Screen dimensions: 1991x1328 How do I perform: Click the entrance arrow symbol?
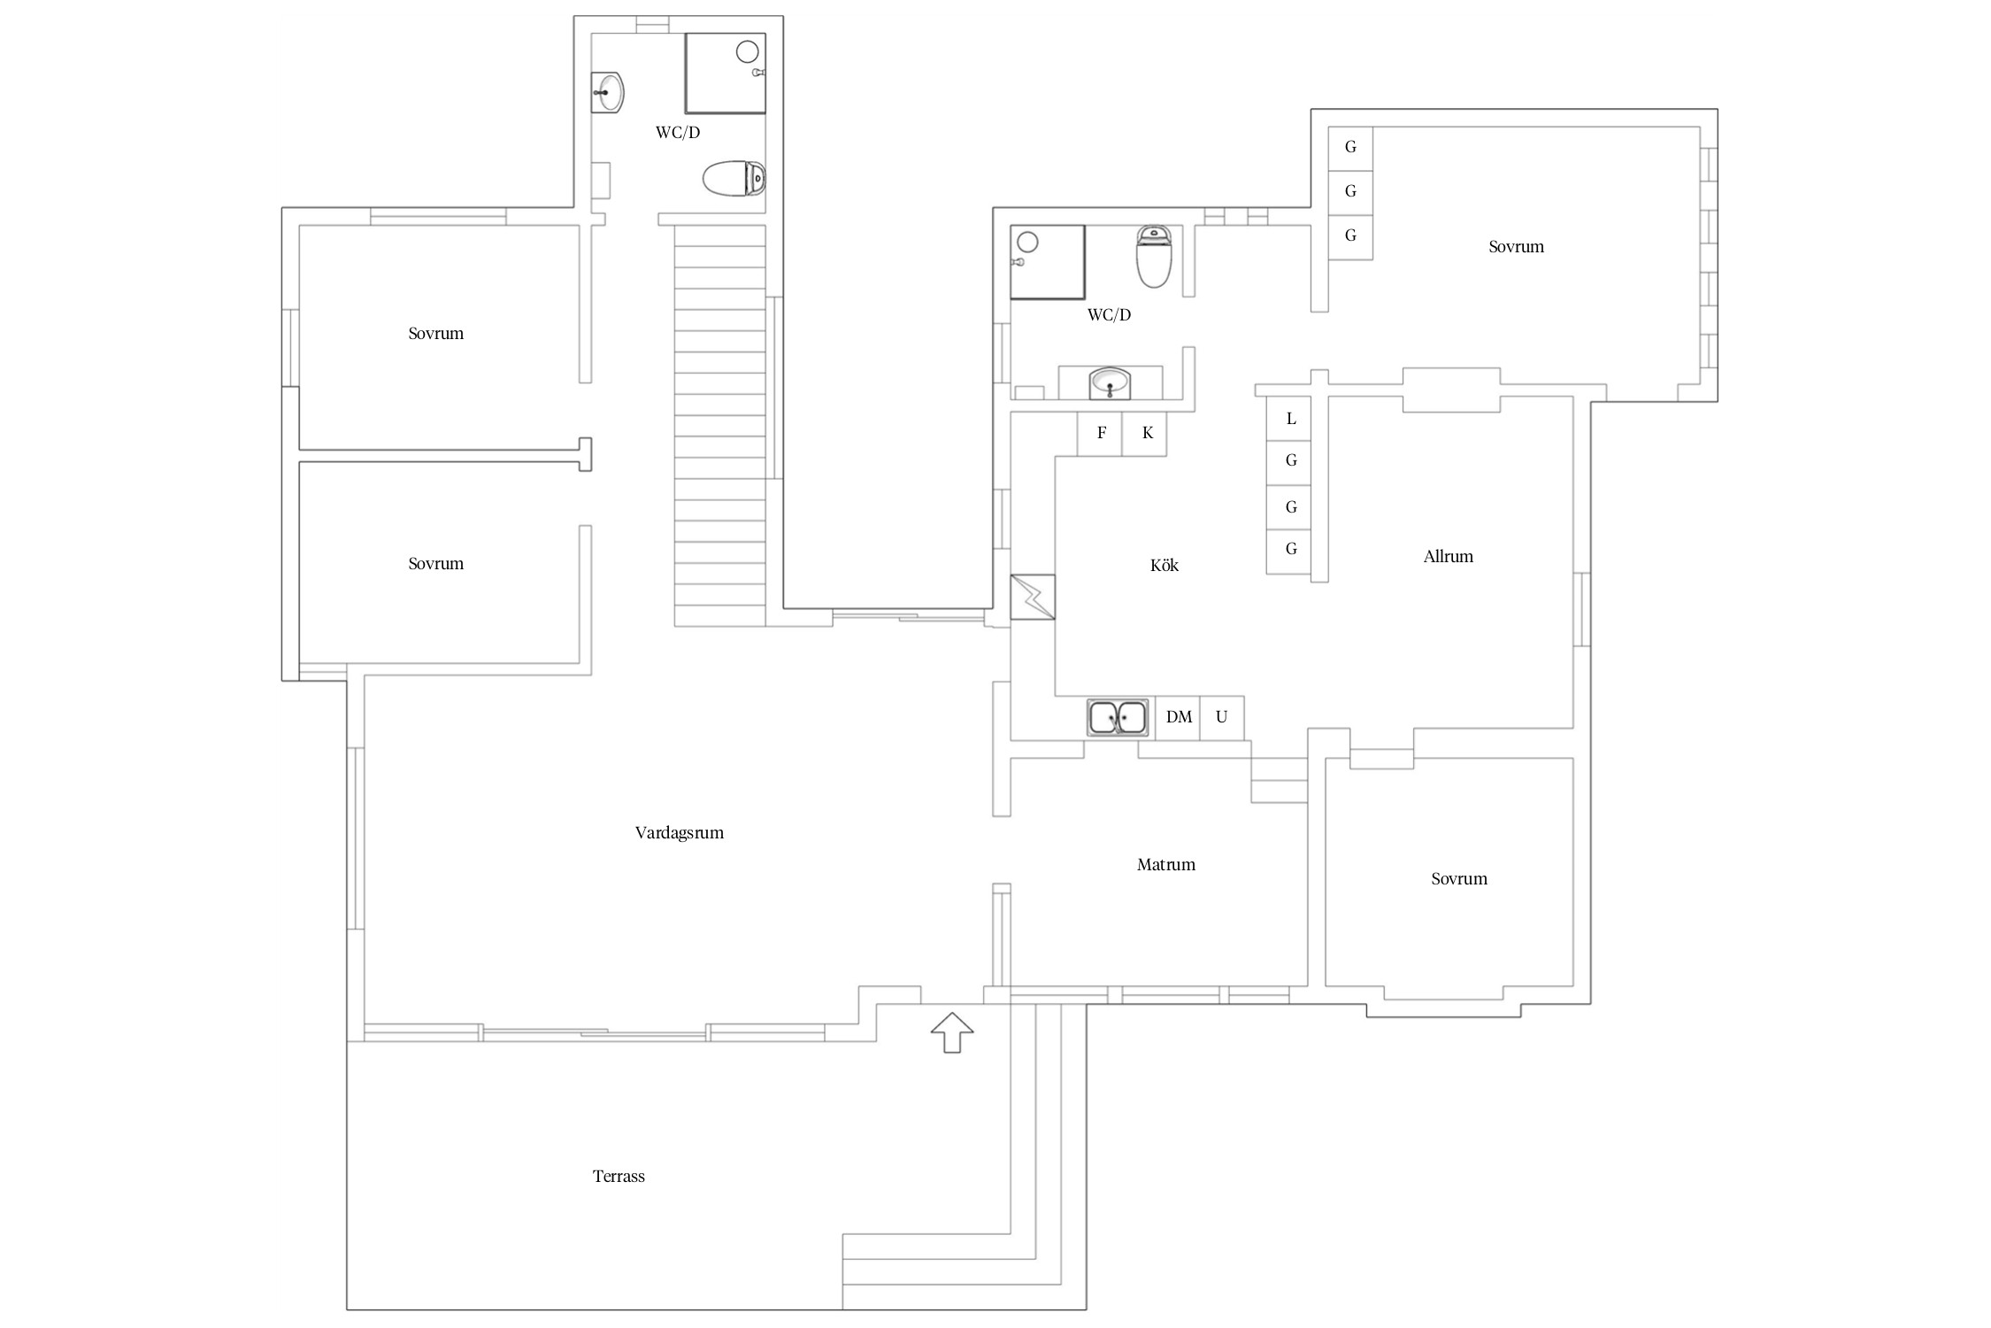click(x=952, y=1032)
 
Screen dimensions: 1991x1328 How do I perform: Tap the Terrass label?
click(x=619, y=1177)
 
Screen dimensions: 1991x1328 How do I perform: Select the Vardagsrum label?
click(x=680, y=833)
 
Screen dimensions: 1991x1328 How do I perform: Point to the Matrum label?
click(x=1166, y=865)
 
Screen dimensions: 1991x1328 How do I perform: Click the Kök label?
click(x=1165, y=565)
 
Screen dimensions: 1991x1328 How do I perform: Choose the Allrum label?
click(x=1449, y=557)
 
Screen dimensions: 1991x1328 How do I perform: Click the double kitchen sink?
click(x=1118, y=717)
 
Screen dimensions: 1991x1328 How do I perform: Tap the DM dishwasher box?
click(x=1178, y=718)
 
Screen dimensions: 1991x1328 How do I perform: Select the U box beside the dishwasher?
click(x=1222, y=718)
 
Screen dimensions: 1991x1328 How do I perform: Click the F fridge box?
click(x=1100, y=434)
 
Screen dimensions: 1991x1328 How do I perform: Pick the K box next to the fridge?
click(x=1145, y=434)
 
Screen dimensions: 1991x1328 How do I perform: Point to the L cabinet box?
click(x=1288, y=419)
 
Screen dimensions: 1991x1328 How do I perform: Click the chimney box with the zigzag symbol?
click(x=1033, y=597)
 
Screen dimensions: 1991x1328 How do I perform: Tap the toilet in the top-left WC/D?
click(x=734, y=179)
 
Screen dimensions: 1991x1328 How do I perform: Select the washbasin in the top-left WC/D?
click(x=608, y=92)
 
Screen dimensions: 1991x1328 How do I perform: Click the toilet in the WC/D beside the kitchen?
click(x=1154, y=257)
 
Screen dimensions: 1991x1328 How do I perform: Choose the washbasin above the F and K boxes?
click(x=1110, y=383)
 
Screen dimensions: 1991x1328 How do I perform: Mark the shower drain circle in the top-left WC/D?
click(x=748, y=51)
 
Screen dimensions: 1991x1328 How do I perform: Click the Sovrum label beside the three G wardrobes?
click(x=1516, y=247)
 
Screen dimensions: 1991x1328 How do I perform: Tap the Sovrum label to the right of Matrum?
click(x=1459, y=879)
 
